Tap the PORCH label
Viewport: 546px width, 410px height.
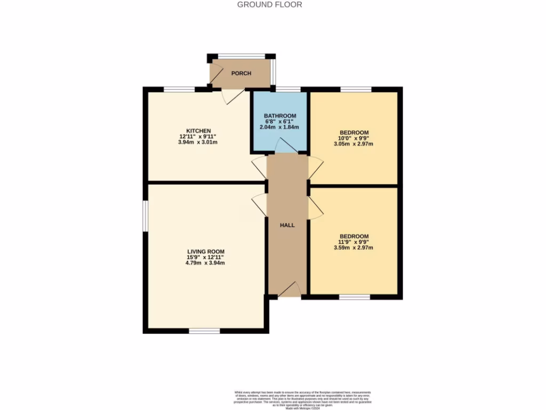pos(241,73)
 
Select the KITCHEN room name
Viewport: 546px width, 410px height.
pos(198,131)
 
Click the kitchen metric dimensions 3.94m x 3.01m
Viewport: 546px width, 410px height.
pos(198,143)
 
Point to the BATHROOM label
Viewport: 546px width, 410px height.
pos(280,116)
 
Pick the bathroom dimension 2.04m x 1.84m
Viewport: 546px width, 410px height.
pos(280,128)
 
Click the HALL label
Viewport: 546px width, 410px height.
pos(287,225)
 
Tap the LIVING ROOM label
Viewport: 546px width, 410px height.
pos(205,251)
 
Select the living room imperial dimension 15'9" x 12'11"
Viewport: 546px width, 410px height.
pos(205,257)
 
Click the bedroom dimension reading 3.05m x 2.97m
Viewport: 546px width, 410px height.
pos(354,144)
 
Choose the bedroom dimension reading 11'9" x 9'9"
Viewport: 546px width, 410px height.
pos(354,242)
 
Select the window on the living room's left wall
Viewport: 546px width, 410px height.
pos(145,216)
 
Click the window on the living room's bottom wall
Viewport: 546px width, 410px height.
pos(205,331)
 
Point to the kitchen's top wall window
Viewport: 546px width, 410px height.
pos(179,89)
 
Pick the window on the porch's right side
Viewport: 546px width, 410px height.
pos(273,72)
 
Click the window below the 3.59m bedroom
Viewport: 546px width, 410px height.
pos(355,296)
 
